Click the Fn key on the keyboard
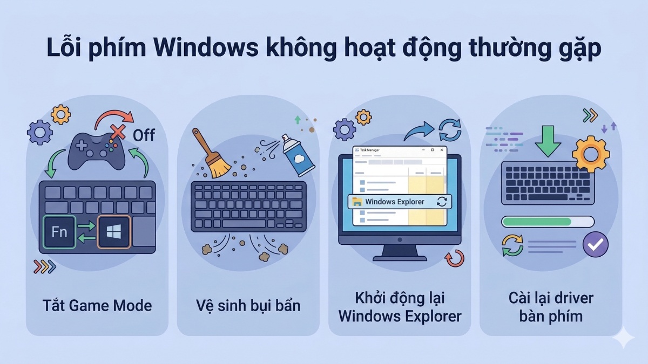tap(59, 232)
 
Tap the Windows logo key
tap(113, 232)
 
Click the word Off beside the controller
tap(144, 135)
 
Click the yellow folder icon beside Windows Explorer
tap(357, 202)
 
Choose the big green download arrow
tap(549, 141)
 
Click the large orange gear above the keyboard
tap(590, 153)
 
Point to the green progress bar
tap(537, 222)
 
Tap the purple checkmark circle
tap(596, 245)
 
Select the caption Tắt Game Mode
tap(97, 306)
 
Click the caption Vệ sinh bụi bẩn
tap(248, 306)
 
